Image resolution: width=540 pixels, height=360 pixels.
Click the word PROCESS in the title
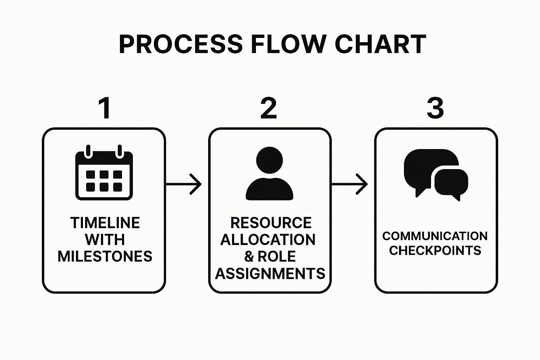coord(181,44)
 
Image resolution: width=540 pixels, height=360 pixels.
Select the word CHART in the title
coord(380,44)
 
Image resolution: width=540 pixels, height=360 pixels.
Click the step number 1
coord(105,108)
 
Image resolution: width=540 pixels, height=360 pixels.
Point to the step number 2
coord(269,108)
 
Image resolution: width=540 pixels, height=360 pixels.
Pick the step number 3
coord(435,108)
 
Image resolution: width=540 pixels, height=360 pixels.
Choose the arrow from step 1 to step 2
coord(184,184)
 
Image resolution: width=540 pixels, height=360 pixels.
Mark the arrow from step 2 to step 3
coord(350,184)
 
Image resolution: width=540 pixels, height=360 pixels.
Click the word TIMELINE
coord(105,223)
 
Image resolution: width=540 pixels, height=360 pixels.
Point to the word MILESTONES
coord(105,256)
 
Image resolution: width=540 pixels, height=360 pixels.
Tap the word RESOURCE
coord(271,223)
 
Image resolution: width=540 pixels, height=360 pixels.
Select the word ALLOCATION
coord(268,240)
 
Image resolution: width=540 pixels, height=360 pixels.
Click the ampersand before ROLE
coord(249,256)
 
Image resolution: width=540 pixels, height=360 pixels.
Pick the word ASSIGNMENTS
coord(270,273)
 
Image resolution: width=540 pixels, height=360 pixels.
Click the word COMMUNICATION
coord(435,236)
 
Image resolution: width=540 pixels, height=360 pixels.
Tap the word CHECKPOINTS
coord(435,251)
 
